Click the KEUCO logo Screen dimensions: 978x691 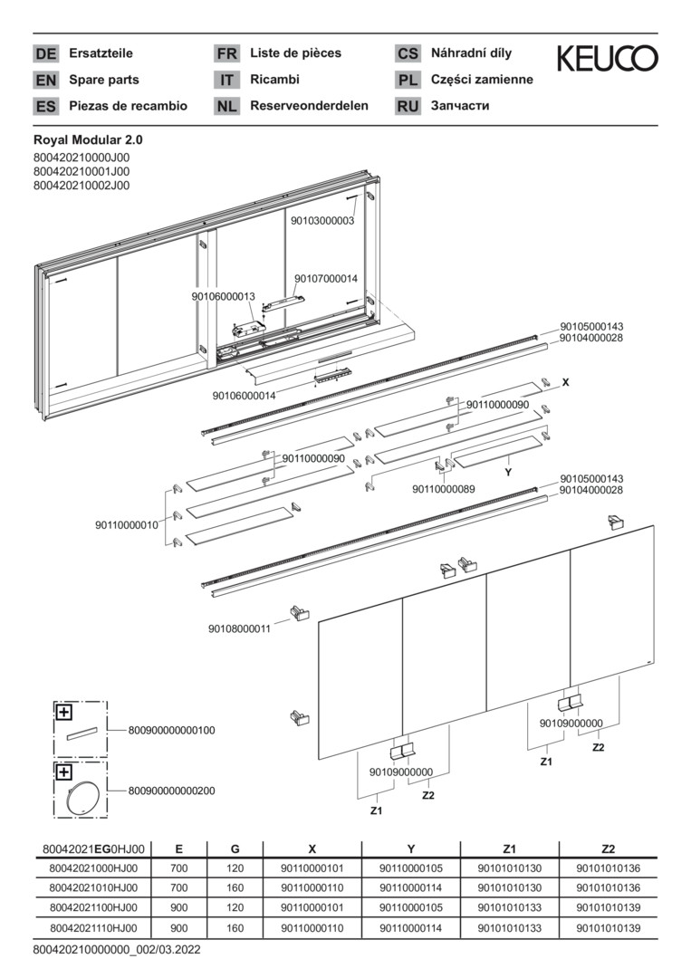[x=607, y=60]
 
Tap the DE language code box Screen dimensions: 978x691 [x=45, y=53]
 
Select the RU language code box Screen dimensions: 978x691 [x=408, y=106]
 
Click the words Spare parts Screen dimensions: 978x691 [x=104, y=80]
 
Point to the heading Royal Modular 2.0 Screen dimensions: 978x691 [x=88, y=140]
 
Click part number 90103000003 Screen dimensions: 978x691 [x=322, y=220]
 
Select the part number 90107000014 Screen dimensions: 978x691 [x=326, y=279]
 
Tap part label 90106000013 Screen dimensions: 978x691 [x=224, y=296]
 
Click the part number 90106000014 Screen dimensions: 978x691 [x=245, y=396]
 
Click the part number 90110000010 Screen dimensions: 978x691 [x=127, y=524]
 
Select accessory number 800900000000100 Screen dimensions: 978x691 [x=172, y=729]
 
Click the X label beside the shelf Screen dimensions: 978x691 [x=566, y=383]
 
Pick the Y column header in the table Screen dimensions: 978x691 [x=411, y=849]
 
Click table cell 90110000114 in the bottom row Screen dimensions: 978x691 [x=411, y=928]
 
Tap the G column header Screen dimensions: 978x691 [x=235, y=849]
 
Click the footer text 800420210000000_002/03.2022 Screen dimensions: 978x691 [x=116, y=950]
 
